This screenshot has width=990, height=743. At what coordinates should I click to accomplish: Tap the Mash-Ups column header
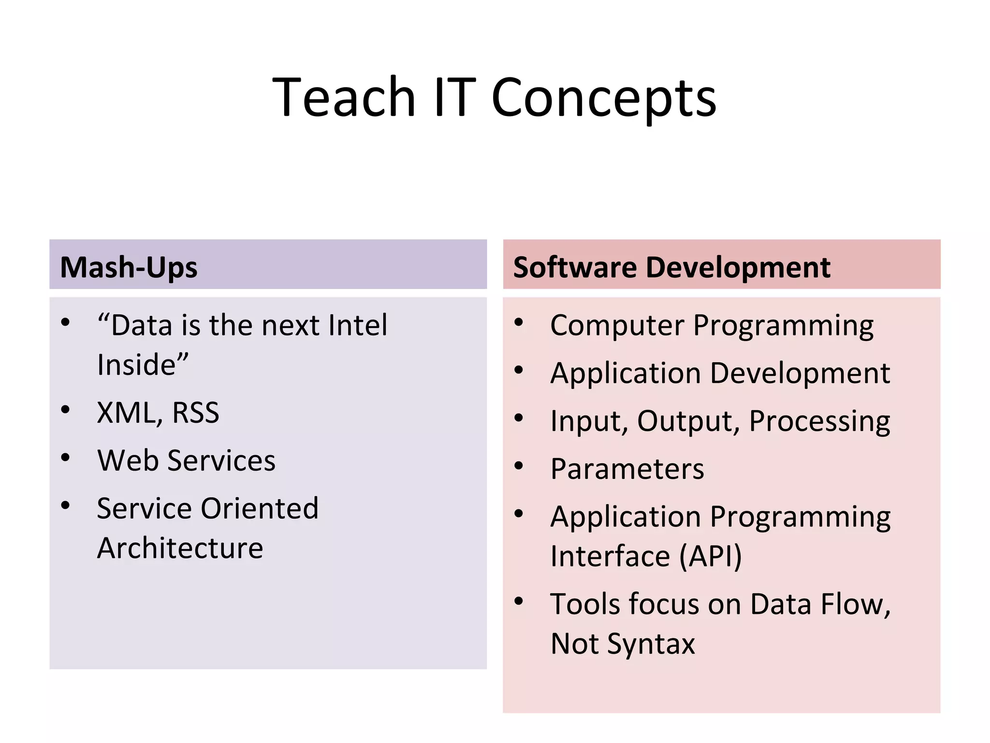pyautogui.click(x=129, y=267)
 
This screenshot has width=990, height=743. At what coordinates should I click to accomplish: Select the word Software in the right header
pyautogui.click(x=574, y=267)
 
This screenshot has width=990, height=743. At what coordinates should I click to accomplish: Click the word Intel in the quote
pyautogui.click(x=358, y=325)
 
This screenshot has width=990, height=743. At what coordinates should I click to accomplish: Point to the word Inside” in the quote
pyautogui.click(x=142, y=365)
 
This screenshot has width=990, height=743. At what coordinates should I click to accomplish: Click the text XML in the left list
pyautogui.click(x=127, y=413)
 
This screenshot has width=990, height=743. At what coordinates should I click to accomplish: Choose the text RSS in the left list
pyautogui.click(x=195, y=413)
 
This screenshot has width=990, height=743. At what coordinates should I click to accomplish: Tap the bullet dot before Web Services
pyautogui.click(x=66, y=457)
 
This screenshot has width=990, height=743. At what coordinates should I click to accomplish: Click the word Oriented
pyautogui.click(x=259, y=509)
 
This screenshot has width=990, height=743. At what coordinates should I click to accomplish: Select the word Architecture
pyautogui.click(x=180, y=549)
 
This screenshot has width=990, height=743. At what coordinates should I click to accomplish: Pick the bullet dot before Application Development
pyautogui.click(x=519, y=371)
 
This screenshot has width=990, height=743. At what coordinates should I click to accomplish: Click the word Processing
pyautogui.click(x=819, y=421)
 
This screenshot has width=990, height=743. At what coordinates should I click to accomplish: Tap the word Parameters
pyautogui.click(x=627, y=469)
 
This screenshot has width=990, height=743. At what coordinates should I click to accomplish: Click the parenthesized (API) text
pyautogui.click(x=710, y=556)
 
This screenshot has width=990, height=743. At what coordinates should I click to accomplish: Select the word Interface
pyautogui.click(x=610, y=556)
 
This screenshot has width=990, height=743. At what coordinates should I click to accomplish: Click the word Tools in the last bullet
pyautogui.click(x=584, y=605)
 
